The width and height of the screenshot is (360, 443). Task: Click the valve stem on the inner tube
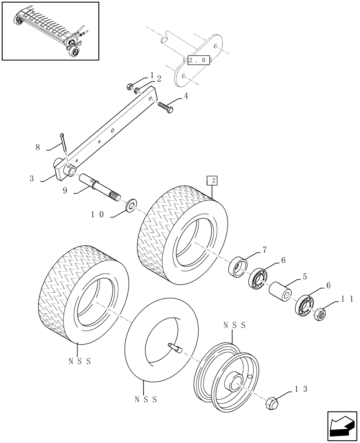[x=175, y=348]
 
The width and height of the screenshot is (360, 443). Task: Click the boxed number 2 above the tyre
[x=212, y=180]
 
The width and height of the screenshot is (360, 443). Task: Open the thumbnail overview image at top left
[x=50, y=31]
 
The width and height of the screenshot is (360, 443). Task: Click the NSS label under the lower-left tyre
[x=79, y=361]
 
